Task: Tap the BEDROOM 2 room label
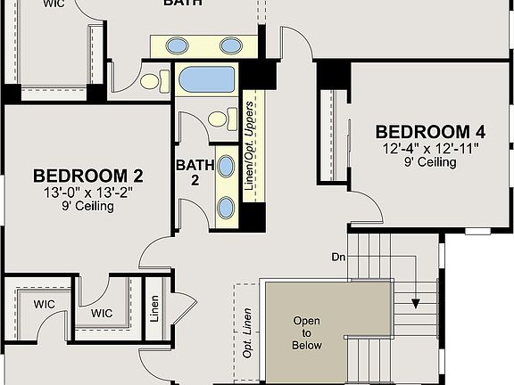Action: tap(88, 176)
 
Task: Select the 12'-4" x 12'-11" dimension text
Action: tap(431, 148)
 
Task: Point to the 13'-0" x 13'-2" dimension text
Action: tap(87, 192)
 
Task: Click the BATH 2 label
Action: tap(194, 172)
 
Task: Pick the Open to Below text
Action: tap(307, 332)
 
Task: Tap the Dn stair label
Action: tap(338, 257)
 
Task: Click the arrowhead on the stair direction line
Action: tap(416, 304)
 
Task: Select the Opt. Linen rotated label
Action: tap(248, 332)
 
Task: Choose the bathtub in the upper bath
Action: tap(206, 80)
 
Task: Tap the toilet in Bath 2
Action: tap(219, 118)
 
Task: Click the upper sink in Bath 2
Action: tap(227, 165)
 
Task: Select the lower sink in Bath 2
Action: tap(227, 207)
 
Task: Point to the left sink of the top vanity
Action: tap(178, 45)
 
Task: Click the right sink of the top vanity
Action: tap(231, 45)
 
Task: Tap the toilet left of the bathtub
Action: tap(150, 81)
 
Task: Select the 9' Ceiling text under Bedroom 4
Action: tap(431, 162)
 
